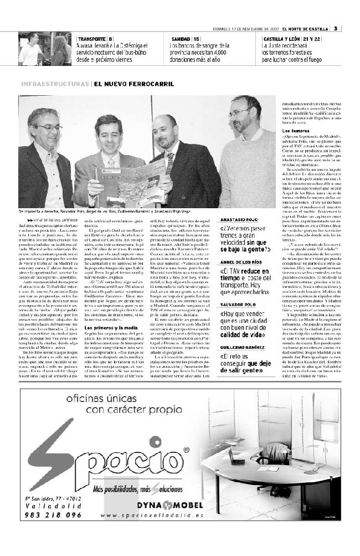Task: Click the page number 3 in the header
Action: pyautogui.click(x=336, y=29)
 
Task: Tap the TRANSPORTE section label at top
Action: pyautogui.click(x=91, y=39)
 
